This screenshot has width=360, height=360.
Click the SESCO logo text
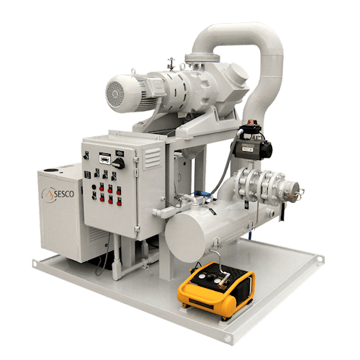point(64,194)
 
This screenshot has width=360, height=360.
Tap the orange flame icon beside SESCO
point(49,194)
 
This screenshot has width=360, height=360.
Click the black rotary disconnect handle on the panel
point(119,163)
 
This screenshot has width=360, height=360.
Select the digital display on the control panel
point(105,159)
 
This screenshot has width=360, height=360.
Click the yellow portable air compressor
point(216,290)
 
